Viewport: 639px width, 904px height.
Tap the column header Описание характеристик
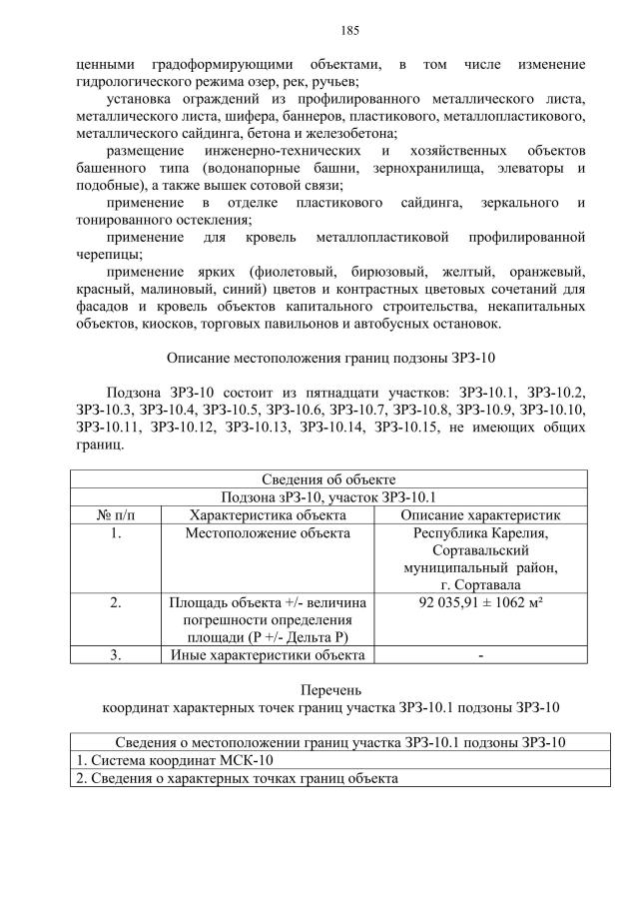tap(479, 514)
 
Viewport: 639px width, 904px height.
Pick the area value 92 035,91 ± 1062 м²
tap(479, 602)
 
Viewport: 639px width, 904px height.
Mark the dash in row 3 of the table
tap(480, 655)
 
